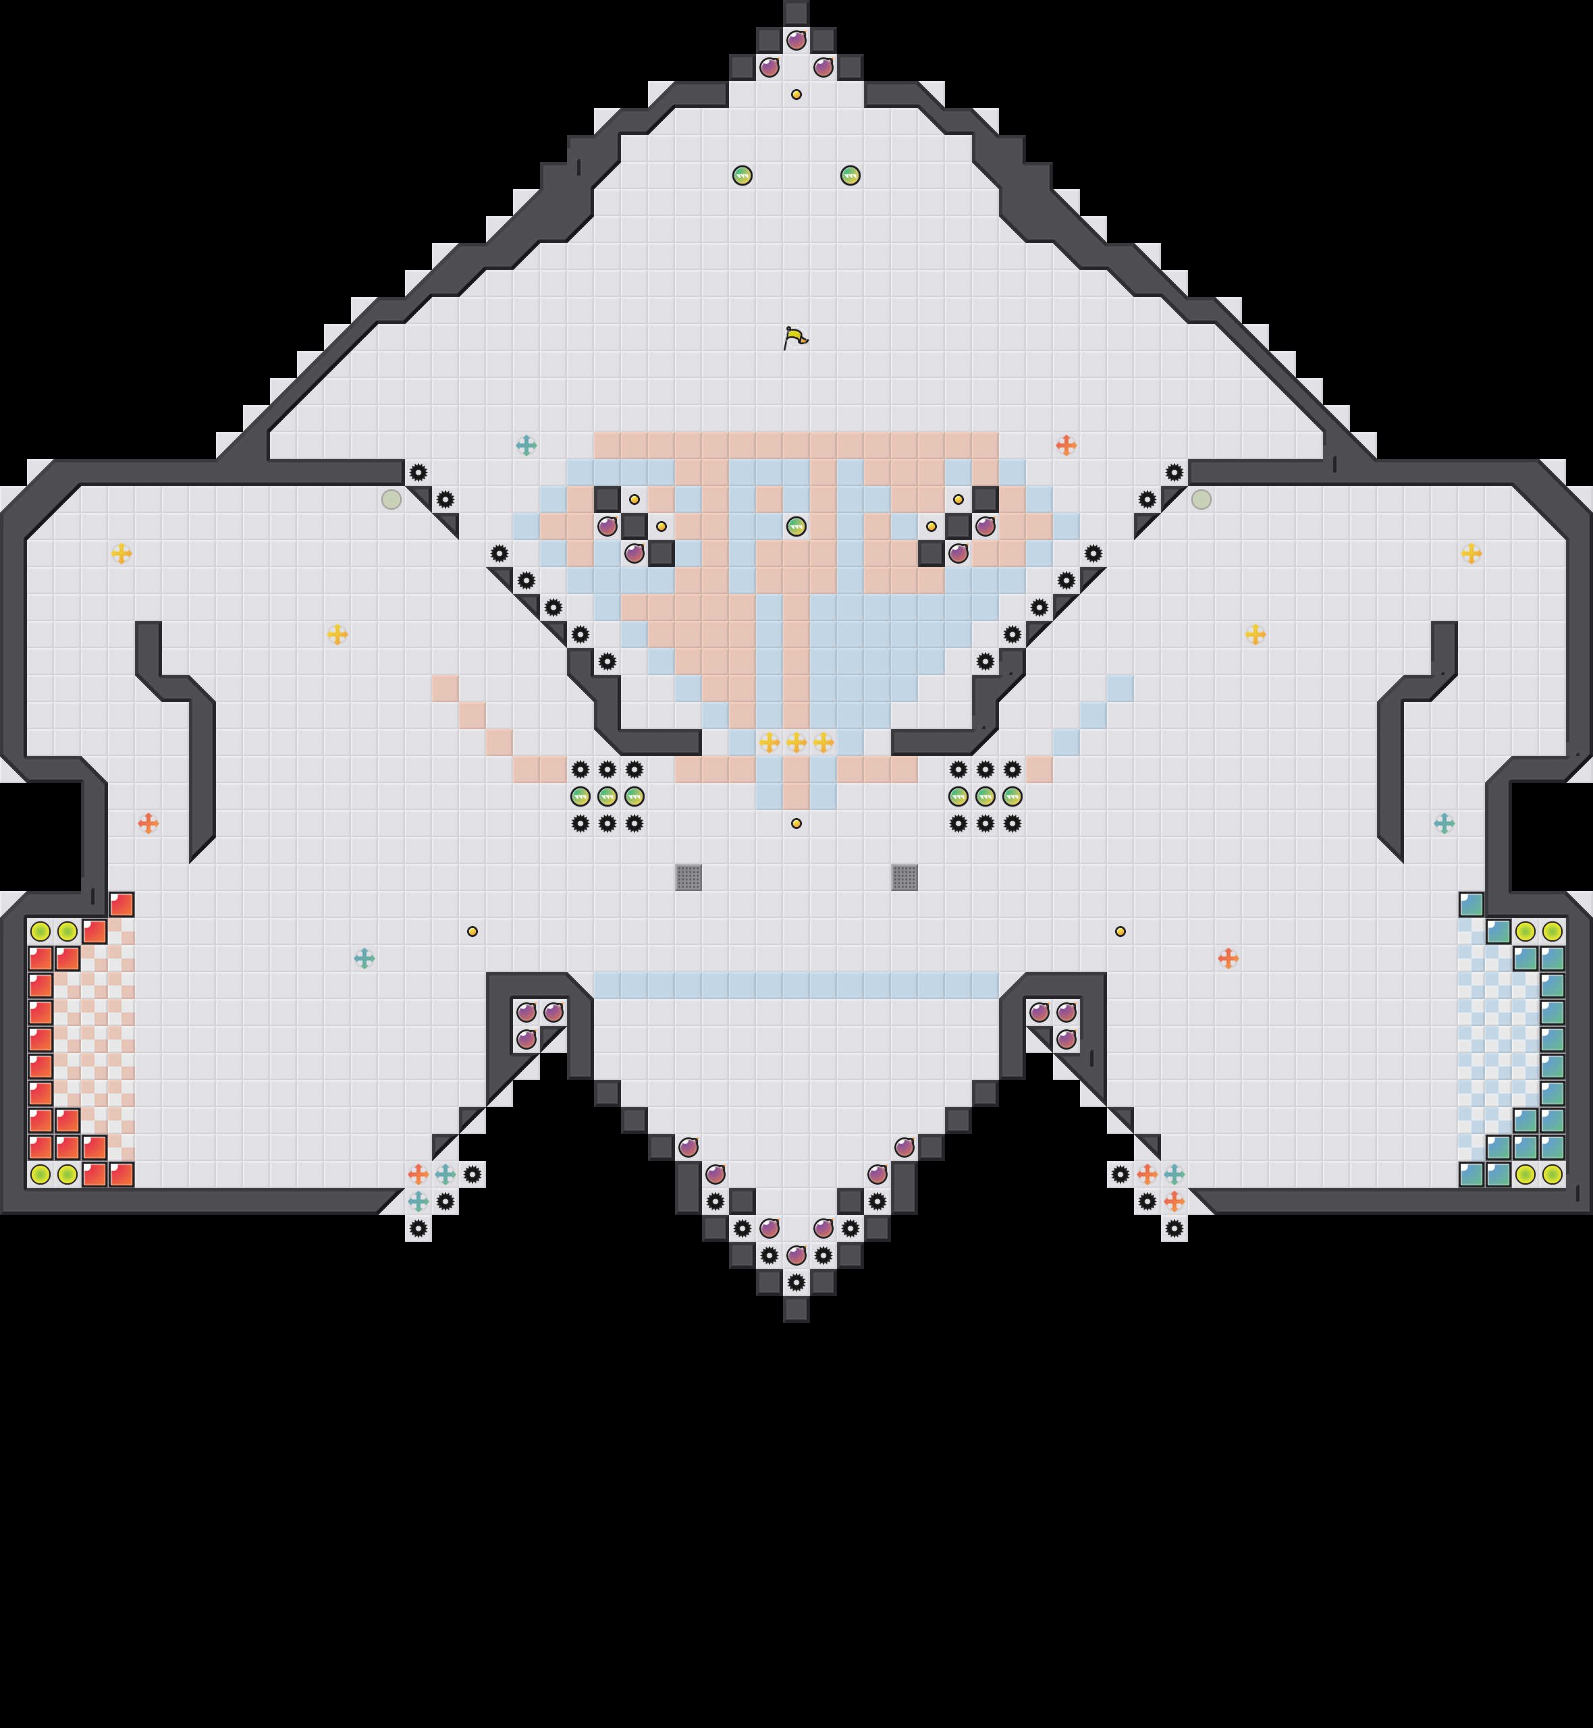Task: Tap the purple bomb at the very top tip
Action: pyautogui.click(x=796, y=40)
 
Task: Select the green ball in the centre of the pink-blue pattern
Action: pyautogui.click(x=796, y=526)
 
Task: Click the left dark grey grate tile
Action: pyautogui.click(x=688, y=878)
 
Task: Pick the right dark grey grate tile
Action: pyautogui.click(x=905, y=878)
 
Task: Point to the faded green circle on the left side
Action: pyautogui.click(x=391, y=499)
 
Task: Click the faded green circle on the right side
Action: pyautogui.click(x=1201, y=499)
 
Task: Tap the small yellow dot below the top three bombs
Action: pyautogui.click(x=796, y=94)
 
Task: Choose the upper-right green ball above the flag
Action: pyautogui.click(x=850, y=175)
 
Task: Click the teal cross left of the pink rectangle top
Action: pyautogui.click(x=526, y=446)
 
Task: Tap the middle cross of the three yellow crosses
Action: pyautogui.click(x=796, y=742)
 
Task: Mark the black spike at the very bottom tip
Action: pyautogui.click(x=796, y=1282)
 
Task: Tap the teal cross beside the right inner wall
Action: pyautogui.click(x=1444, y=823)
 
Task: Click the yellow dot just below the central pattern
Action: pyautogui.click(x=796, y=823)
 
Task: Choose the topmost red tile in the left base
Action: pyautogui.click(x=122, y=904)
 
